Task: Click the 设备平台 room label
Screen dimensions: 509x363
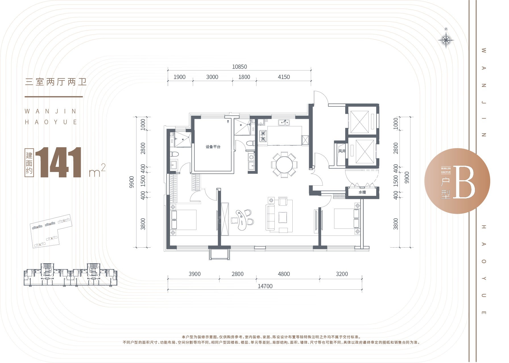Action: pos(213,147)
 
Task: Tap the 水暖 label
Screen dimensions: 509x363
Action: pos(362,192)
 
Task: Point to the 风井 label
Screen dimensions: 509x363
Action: pos(342,151)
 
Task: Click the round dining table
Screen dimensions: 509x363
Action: pos(284,165)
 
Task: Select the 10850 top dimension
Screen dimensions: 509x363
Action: pos(239,67)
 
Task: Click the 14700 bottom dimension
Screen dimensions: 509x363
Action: pos(265,286)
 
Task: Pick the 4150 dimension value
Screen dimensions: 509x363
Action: pos(284,77)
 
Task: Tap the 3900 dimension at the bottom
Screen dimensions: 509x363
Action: pos(195,274)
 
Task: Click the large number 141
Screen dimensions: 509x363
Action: pos(59,163)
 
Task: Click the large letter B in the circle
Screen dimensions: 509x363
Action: pos(464,182)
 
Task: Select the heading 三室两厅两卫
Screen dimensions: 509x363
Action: pos(56,82)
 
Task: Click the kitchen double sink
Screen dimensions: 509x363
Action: pos(284,123)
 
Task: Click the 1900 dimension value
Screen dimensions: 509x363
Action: pos(179,77)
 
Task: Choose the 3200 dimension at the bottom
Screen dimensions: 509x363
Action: pos(342,274)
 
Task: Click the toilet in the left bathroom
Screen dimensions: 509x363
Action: pos(175,154)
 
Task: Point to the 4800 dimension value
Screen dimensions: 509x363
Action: pos(284,274)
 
